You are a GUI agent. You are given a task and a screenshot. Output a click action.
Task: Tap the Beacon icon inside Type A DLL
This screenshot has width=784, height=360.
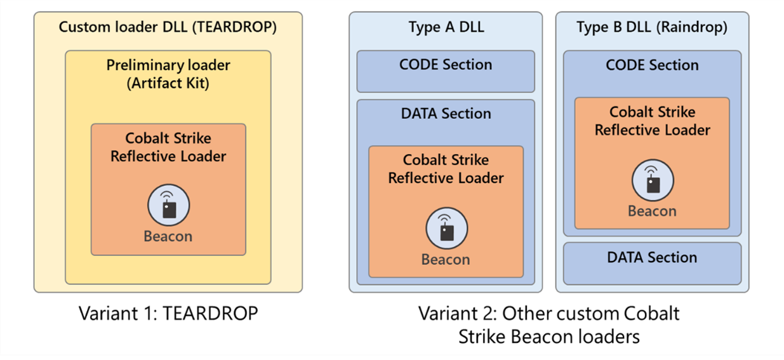(x=446, y=228)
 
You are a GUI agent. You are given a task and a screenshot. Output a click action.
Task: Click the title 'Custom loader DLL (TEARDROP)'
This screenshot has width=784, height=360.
(x=168, y=27)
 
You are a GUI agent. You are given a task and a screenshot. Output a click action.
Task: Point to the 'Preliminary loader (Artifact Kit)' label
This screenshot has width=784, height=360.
(x=168, y=74)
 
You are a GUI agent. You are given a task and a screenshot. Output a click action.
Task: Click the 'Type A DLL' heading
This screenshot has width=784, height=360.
(x=446, y=27)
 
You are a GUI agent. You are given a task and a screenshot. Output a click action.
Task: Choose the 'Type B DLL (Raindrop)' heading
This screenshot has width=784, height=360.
(x=652, y=27)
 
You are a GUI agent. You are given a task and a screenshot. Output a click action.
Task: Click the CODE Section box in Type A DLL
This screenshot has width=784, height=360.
(x=446, y=71)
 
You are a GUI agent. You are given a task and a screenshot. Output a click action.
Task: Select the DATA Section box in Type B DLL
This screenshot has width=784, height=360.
(x=652, y=263)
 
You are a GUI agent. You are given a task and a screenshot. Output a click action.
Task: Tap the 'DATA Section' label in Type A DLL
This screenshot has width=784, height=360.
(x=446, y=114)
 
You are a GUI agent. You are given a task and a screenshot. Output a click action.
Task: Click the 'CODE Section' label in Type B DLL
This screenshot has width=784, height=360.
(x=652, y=65)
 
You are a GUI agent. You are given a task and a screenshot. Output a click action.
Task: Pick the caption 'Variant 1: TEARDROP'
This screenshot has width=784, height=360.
(x=168, y=313)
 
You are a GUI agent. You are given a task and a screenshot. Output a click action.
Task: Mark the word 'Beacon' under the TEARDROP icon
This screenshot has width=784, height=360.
(x=168, y=236)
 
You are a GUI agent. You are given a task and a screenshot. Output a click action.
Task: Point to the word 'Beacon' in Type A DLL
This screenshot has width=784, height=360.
(x=446, y=259)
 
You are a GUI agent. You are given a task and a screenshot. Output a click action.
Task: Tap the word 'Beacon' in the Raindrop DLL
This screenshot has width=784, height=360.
(x=652, y=211)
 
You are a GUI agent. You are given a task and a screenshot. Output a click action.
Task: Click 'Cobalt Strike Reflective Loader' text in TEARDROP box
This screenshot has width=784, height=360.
(x=168, y=147)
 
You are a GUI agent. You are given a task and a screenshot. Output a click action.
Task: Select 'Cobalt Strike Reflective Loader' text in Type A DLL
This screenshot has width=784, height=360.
(x=446, y=169)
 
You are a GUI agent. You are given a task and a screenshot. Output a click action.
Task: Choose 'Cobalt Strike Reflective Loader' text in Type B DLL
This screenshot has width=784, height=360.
(x=652, y=121)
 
